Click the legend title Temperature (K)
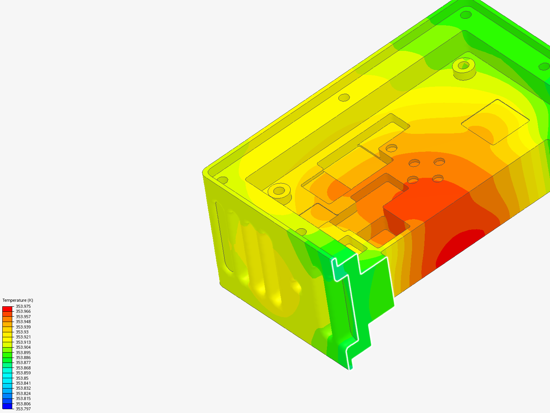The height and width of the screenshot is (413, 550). click(18, 300)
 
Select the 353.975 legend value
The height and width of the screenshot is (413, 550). click(23, 306)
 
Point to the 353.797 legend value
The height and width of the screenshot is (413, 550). click(23, 409)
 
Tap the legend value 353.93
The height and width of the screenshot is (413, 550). click(22, 332)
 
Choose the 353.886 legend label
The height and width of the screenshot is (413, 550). click(23, 358)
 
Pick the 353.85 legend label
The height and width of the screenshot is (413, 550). click(22, 378)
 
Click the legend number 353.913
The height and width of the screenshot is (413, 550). click(23, 342)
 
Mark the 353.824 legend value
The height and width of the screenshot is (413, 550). click(23, 393)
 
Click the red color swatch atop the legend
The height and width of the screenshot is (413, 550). click(7, 309)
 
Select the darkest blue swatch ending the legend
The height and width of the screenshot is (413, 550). click(7, 406)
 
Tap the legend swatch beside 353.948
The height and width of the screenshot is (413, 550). click(7, 324)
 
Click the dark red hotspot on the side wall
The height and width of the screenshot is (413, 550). click(458, 247)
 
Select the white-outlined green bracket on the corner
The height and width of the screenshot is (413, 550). click(363, 306)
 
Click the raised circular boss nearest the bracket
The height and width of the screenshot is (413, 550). click(279, 190)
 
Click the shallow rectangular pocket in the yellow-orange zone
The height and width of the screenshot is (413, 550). click(495, 122)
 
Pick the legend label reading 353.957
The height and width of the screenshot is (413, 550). click(23, 317)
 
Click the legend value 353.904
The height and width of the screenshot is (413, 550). click(23, 347)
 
